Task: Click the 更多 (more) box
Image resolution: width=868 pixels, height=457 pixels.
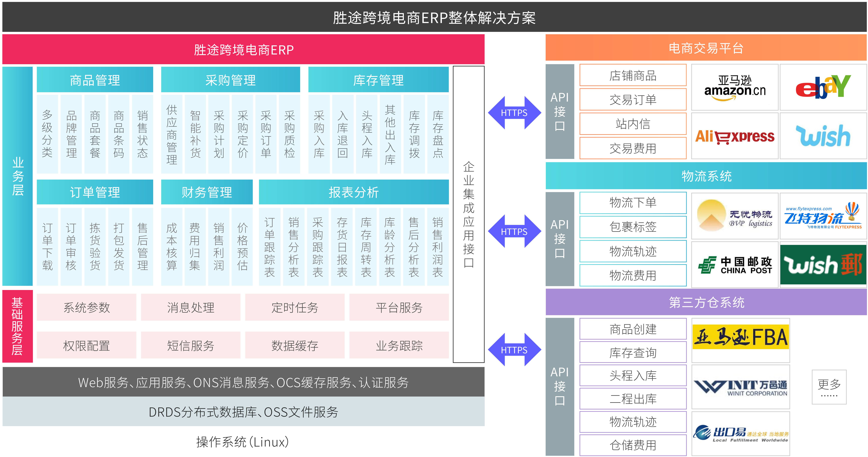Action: pos(829,387)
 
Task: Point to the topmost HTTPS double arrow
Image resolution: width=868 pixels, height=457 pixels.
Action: pos(514,113)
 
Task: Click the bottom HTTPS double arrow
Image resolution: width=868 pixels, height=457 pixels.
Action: pos(514,350)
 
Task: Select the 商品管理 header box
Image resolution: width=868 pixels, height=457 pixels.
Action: pos(95,80)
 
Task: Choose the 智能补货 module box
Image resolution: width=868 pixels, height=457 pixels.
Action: pos(195,134)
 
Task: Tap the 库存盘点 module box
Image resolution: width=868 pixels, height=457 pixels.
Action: pos(438,134)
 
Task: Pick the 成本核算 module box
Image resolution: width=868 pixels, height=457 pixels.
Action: pos(172,247)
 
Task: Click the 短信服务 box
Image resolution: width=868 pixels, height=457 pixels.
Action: pos(191,345)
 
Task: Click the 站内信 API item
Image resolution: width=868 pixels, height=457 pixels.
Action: pos(633,124)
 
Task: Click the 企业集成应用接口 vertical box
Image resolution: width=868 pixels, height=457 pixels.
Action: pos(469,214)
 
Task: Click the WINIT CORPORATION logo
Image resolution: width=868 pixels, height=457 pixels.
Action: pos(741,387)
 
